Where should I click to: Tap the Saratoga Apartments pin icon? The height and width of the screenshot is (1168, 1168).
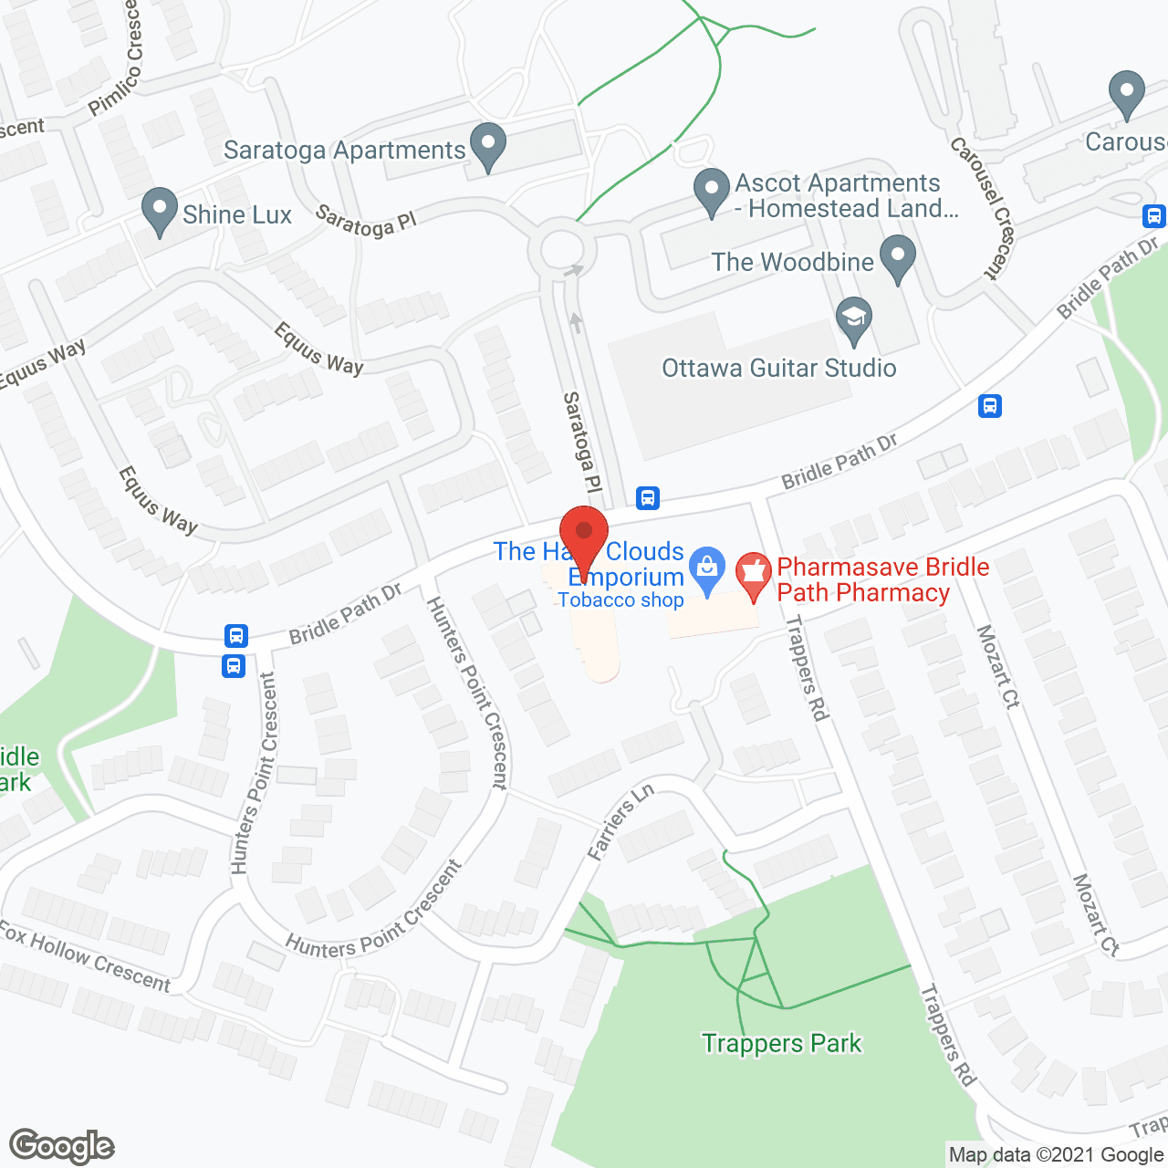[x=488, y=145]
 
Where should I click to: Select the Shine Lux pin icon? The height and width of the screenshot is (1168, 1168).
[x=160, y=211]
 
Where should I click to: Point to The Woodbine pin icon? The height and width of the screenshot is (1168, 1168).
[x=898, y=258]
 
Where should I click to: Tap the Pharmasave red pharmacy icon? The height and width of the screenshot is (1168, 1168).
[x=753, y=576]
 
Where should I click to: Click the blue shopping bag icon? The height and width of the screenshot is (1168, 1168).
[x=707, y=569]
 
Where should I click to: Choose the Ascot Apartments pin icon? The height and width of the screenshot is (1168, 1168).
[x=711, y=191]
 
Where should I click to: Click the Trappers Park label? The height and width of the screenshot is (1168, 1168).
[x=781, y=1043]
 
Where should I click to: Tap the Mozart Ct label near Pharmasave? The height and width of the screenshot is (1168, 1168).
[x=997, y=666]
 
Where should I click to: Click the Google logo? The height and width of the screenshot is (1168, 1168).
[x=62, y=1146]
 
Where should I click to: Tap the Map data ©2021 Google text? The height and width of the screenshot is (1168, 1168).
[x=1056, y=1155]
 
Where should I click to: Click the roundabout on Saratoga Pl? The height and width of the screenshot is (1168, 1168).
[x=561, y=248]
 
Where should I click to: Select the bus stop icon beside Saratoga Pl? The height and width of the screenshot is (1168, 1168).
[x=648, y=497]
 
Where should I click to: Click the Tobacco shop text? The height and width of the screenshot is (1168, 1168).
[x=620, y=600]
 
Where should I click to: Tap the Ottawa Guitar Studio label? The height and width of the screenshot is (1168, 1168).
[x=778, y=368]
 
